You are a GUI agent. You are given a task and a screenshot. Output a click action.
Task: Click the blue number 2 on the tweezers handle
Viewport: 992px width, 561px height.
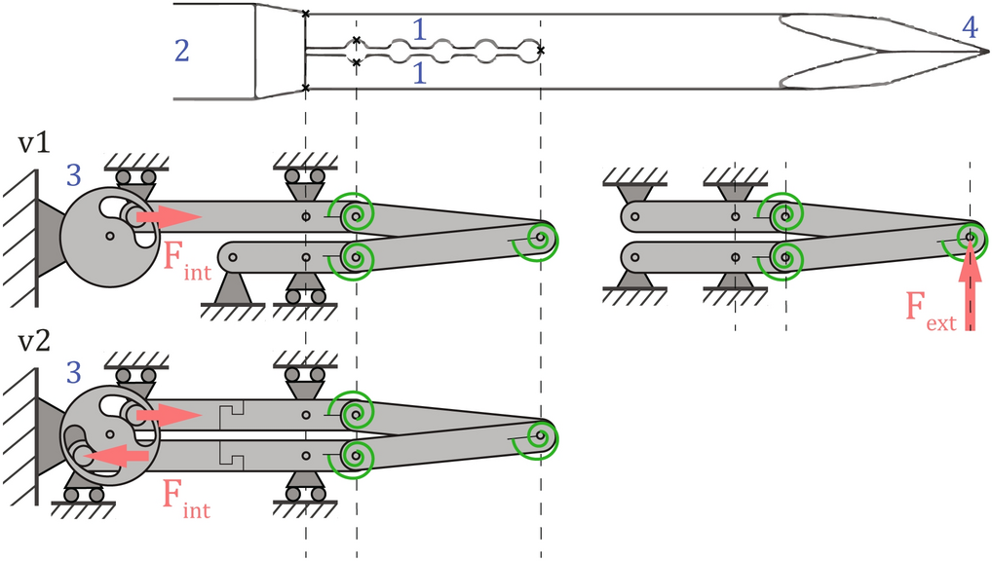(x=182, y=51)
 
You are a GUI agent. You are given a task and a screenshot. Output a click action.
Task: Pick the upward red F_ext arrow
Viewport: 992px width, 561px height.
(x=970, y=292)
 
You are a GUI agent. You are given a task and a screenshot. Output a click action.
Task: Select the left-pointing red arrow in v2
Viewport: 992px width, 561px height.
(x=115, y=455)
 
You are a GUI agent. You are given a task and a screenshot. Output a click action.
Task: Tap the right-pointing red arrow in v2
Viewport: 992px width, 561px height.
(x=168, y=416)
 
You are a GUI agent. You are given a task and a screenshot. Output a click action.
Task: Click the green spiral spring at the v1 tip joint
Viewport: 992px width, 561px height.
(x=540, y=237)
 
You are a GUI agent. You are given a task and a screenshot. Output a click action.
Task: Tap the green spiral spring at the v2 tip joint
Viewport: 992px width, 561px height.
(x=540, y=435)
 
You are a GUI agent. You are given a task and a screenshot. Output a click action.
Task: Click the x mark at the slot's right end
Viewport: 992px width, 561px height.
(x=541, y=50)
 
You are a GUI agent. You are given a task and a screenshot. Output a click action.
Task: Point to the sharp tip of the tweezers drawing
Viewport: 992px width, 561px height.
(x=983, y=51)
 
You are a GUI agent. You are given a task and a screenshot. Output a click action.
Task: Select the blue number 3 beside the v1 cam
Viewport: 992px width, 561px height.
(x=74, y=176)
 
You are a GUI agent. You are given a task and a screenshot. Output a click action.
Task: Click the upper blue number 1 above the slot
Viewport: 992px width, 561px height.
(x=419, y=30)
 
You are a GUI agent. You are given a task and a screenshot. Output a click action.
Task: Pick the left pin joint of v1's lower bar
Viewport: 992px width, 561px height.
(x=232, y=257)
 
